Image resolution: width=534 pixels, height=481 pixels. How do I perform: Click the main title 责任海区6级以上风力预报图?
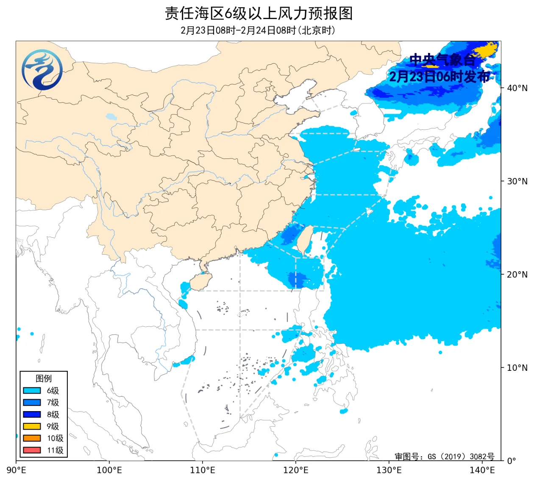[x=259, y=14]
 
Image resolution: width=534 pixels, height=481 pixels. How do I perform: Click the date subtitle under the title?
[x=258, y=31]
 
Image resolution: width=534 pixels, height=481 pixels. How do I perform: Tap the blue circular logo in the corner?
[x=42, y=70]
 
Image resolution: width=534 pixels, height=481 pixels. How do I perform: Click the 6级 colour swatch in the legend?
[x=32, y=391]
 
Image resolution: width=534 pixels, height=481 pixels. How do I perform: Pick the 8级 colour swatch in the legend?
[x=32, y=414]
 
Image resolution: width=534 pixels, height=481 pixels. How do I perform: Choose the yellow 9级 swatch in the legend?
[x=32, y=426]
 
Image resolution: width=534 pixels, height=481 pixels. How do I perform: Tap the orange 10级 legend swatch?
[x=32, y=438]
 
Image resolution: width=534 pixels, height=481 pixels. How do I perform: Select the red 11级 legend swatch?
[x=32, y=450]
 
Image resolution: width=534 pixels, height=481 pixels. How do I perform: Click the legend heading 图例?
[x=43, y=378]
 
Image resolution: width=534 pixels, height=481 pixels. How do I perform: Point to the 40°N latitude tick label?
[x=517, y=88]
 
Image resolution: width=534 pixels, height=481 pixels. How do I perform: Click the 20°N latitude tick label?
[x=517, y=275]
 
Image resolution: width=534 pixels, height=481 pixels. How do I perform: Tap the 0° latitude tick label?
[x=512, y=461]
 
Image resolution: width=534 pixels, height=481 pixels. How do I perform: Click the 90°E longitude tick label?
[x=17, y=470]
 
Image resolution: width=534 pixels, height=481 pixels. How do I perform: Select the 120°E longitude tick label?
[x=296, y=470]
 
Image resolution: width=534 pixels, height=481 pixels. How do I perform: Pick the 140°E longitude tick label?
[x=482, y=470]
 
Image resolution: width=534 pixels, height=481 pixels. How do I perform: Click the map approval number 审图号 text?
[x=444, y=456]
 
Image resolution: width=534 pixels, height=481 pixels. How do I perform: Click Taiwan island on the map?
[x=304, y=240]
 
